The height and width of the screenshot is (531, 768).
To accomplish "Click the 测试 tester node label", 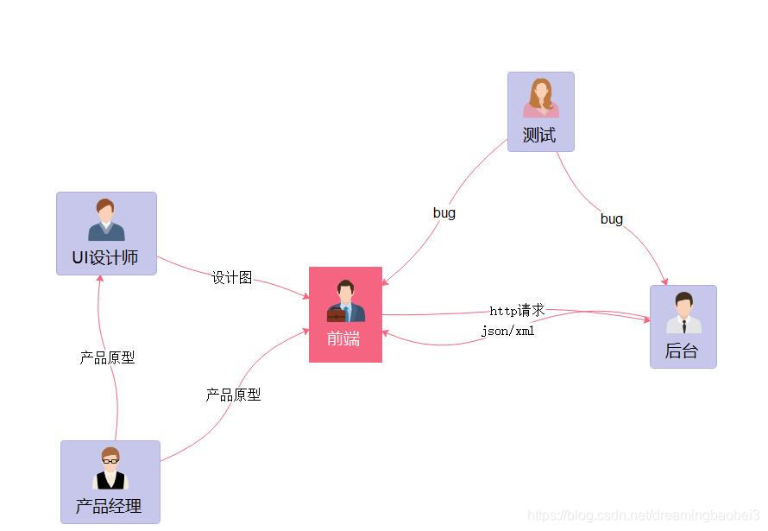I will tap(539, 136).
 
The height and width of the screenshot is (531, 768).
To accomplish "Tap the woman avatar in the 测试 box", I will tap(541, 98).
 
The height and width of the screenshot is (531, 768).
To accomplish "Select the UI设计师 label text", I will tap(105, 258).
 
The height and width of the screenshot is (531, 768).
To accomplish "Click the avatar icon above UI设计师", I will tap(106, 220).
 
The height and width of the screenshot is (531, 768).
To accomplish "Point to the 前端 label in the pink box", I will tap(343, 338).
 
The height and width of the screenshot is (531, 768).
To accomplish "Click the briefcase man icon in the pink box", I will tap(345, 301).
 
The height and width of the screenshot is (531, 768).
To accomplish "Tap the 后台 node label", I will tap(682, 351).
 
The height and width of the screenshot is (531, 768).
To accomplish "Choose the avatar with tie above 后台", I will tap(683, 313).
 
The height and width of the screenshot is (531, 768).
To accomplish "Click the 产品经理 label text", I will tap(109, 507).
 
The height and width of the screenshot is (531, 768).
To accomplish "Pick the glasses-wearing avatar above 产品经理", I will tap(110, 469).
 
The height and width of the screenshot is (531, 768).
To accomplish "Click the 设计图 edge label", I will tap(232, 277).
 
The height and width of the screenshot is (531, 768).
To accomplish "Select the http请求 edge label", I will tap(517, 311).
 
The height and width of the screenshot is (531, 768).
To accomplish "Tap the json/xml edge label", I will tap(508, 331).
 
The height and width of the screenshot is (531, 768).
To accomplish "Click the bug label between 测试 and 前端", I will tap(444, 212).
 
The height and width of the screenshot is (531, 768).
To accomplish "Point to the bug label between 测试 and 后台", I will tap(612, 219).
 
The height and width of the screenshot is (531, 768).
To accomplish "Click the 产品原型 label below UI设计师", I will tap(107, 357).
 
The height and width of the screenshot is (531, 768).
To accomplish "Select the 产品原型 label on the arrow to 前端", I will tap(233, 395).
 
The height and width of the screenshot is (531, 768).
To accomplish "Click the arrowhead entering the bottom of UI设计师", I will tap(100, 279).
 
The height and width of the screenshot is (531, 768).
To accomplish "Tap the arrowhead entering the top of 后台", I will tap(664, 281).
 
